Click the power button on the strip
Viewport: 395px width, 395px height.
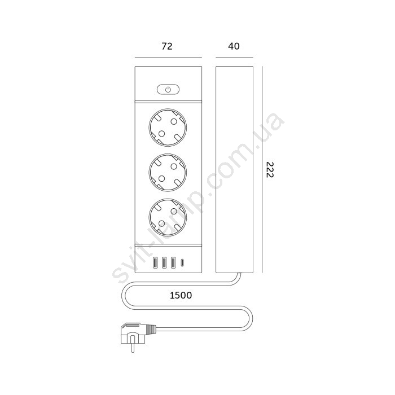[x=168, y=89]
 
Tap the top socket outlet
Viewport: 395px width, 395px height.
[x=168, y=128]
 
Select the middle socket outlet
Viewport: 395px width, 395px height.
[x=168, y=172]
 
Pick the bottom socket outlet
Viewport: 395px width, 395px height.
[x=168, y=217]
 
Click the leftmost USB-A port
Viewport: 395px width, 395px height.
[x=155, y=263]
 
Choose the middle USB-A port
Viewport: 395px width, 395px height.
[x=164, y=263]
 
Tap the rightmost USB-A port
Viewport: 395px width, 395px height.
[x=173, y=263]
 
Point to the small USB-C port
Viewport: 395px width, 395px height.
[x=182, y=263]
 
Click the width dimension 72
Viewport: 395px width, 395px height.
[x=167, y=46]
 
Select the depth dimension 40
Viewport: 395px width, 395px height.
[x=234, y=46]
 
